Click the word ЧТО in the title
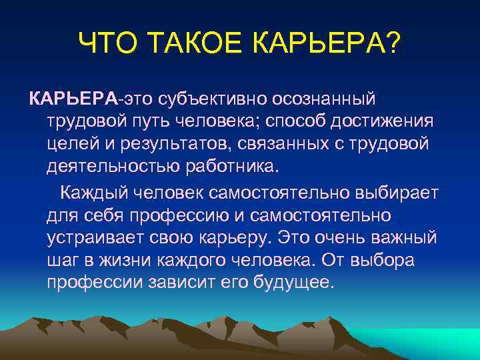point(112,45)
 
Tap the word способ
point(279,122)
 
